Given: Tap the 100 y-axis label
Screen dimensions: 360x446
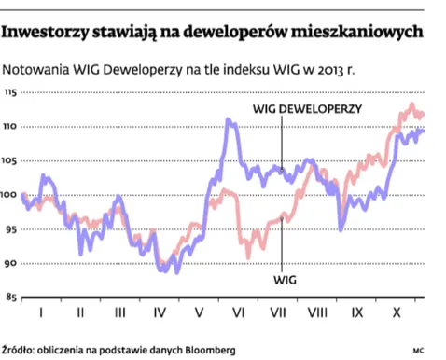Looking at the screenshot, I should coord(9,195).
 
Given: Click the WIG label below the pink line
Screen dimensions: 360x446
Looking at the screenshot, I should coord(286,278).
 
